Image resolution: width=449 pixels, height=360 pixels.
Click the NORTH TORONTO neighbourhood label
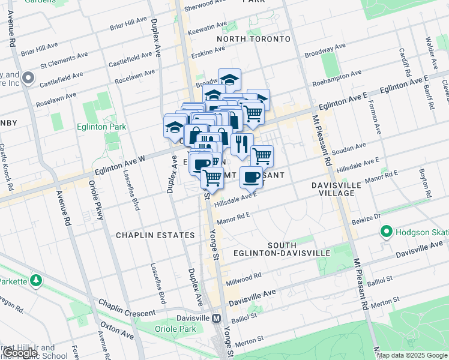(253, 39)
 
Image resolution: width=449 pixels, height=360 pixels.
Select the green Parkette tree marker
(37, 281)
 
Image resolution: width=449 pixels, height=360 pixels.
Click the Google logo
(19, 353)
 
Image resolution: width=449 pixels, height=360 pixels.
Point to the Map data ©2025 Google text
(412, 355)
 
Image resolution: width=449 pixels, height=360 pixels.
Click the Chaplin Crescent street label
(127, 308)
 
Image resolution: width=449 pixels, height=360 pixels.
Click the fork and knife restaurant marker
(241, 144)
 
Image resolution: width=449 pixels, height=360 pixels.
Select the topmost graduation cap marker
(229, 79)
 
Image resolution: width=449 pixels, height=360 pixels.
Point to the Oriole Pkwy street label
(93, 195)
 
